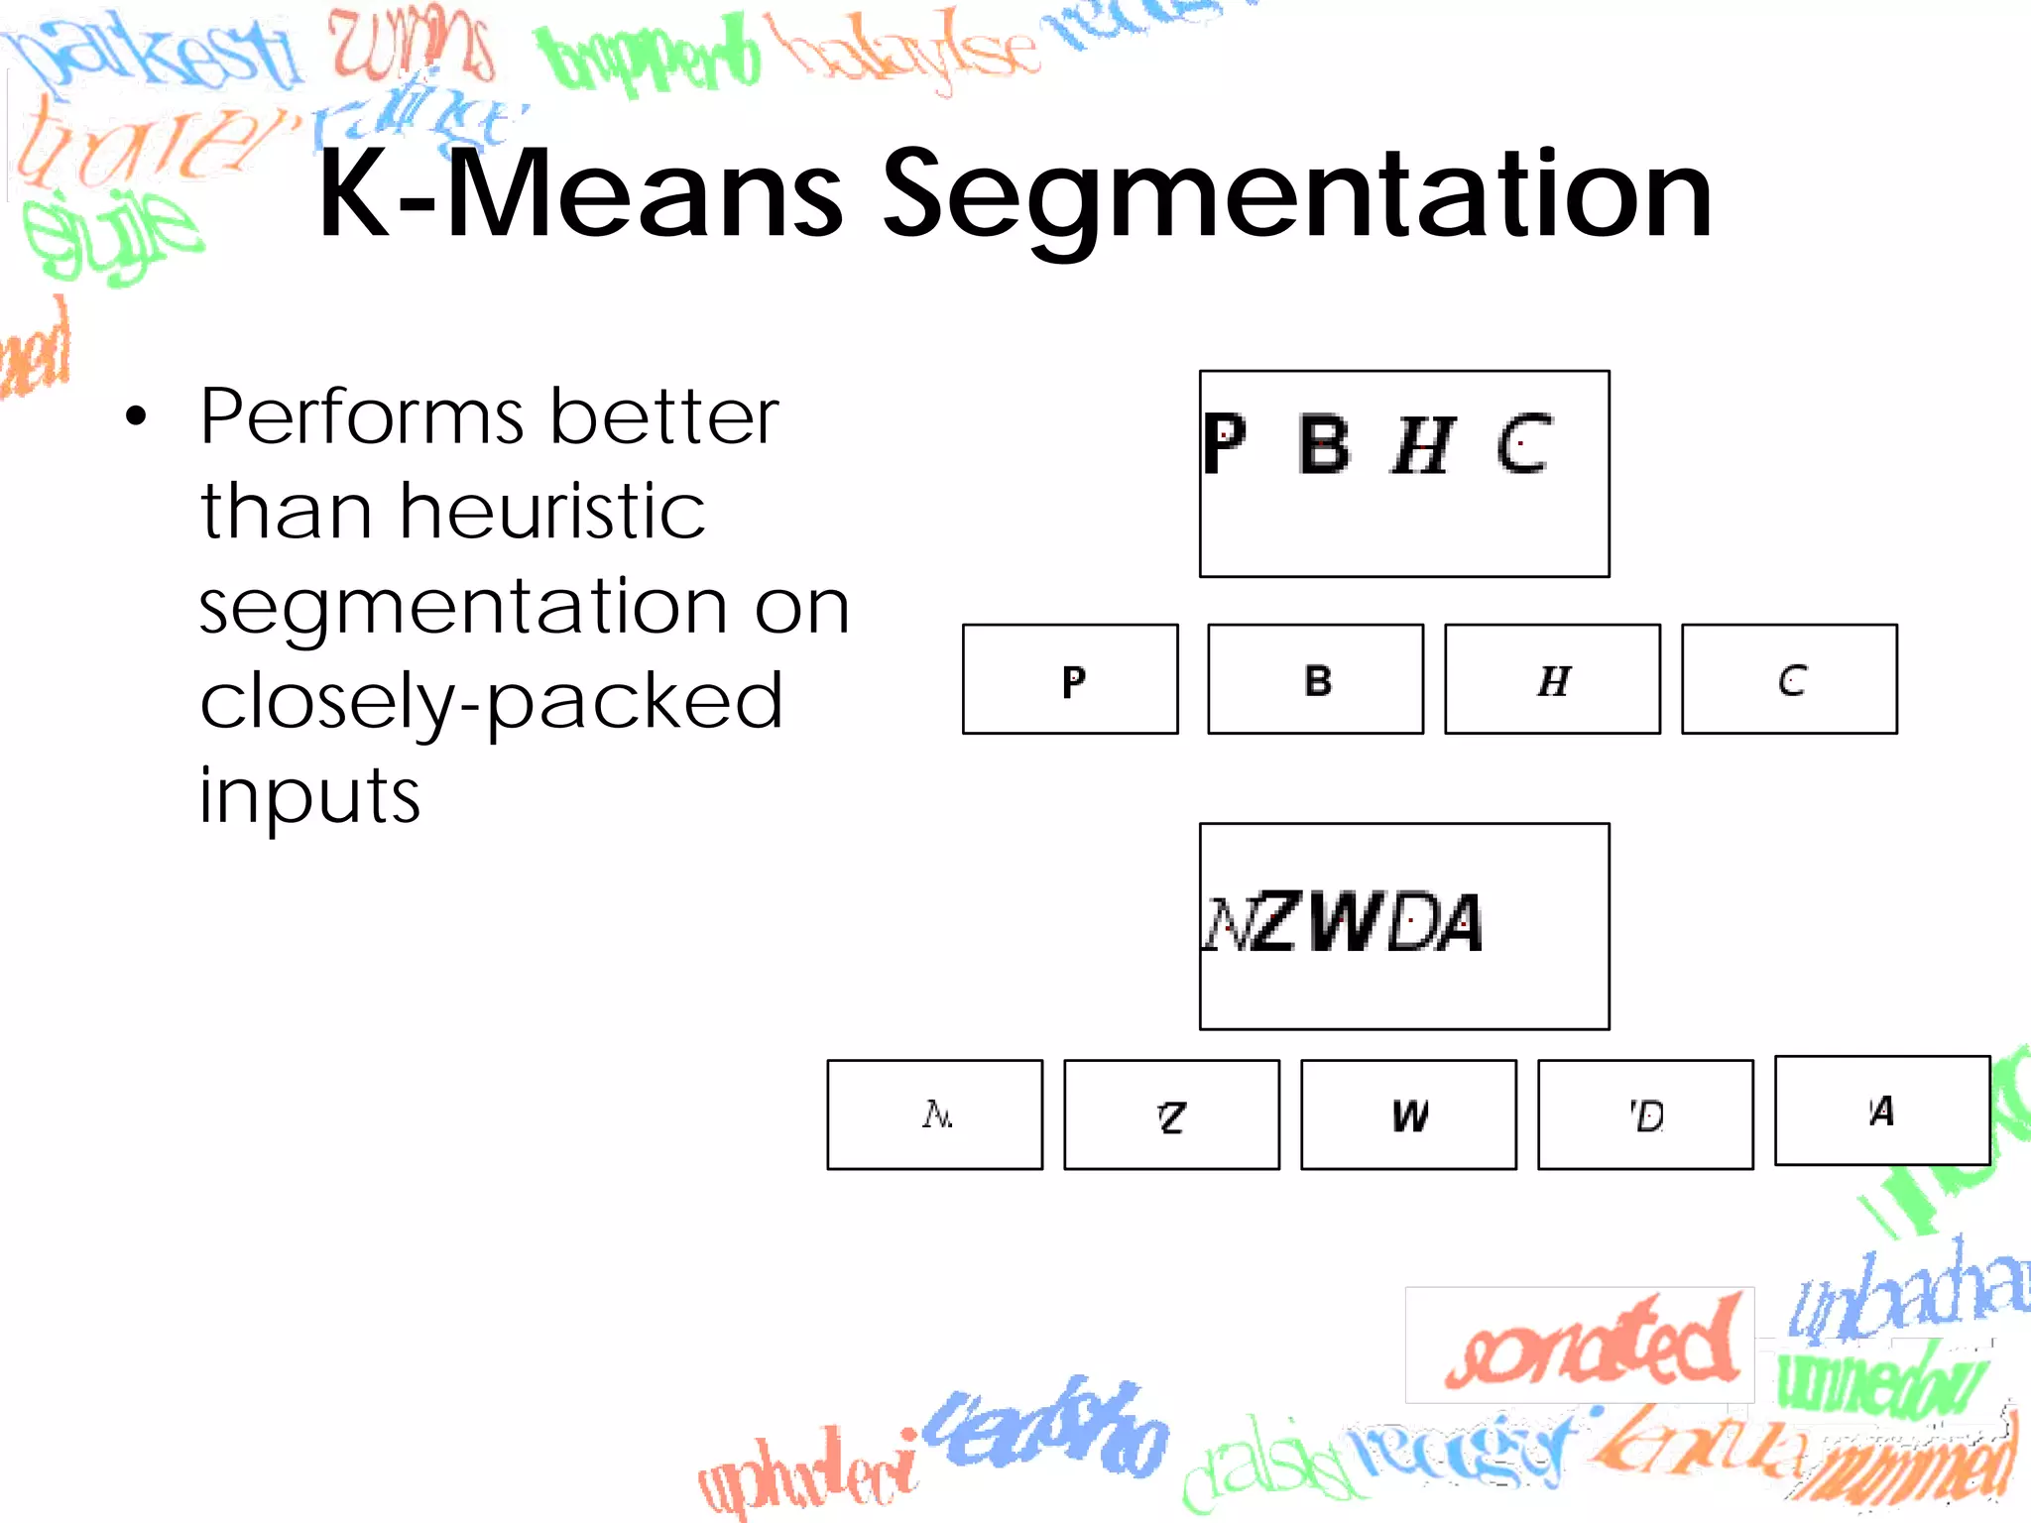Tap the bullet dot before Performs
(136, 416)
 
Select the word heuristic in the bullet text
(552, 511)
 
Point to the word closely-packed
(492, 702)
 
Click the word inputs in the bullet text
(309, 796)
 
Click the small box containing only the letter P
(1070, 679)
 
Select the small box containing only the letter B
(1315, 679)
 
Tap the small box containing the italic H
(1552, 679)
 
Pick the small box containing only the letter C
(1789, 679)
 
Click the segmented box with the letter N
(934, 1114)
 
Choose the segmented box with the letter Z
(1171, 1114)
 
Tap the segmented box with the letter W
(1408, 1114)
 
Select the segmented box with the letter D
(1645, 1114)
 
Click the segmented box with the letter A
(1882, 1110)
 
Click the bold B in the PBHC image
(1324, 444)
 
